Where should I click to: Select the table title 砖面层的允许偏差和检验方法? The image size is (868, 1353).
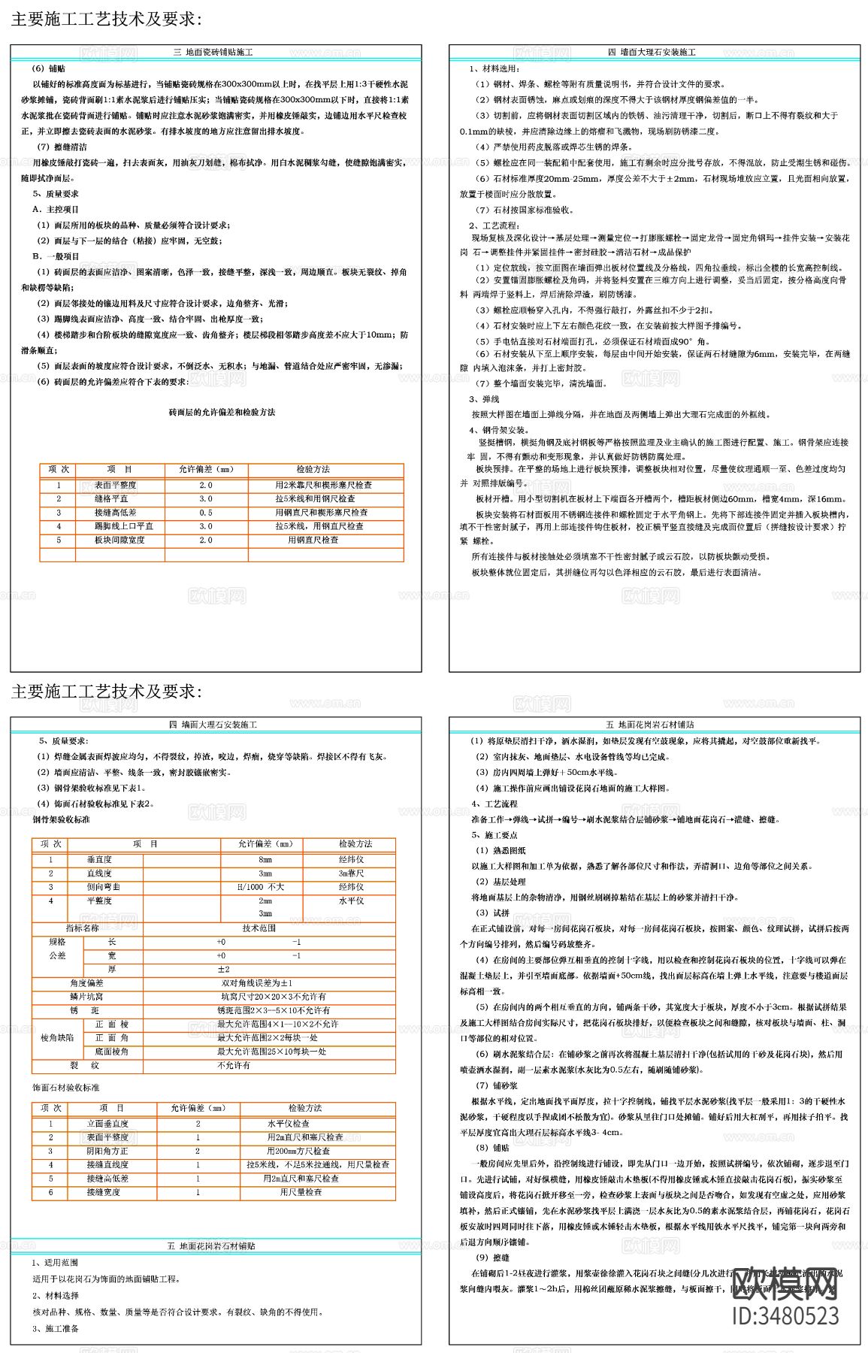pyautogui.click(x=222, y=412)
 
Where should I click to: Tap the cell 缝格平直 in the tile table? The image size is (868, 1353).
pyautogui.click(x=111, y=499)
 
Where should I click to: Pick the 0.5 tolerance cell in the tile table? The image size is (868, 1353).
pyautogui.click(x=206, y=513)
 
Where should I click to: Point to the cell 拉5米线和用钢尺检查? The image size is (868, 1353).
pyautogui.click(x=315, y=499)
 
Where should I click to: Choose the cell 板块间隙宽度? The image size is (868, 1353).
pyautogui.click(x=119, y=540)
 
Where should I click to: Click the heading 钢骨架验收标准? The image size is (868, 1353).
pyautogui.click(x=61, y=819)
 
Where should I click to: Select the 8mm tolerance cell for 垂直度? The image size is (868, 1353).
pyautogui.click(x=265, y=860)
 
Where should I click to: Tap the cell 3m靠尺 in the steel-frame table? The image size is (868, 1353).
pyautogui.click(x=352, y=873)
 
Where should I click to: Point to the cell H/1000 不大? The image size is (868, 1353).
pyautogui.click(x=261, y=887)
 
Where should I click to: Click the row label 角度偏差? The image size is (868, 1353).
pyautogui.click(x=86, y=983)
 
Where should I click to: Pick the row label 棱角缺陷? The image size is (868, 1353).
pyautogui.click(x=57, y=1037)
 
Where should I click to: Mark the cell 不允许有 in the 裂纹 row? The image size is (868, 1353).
pyautogui.click(x=234, y=1066)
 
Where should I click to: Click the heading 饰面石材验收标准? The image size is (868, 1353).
pyautogui.click(x=65, y=1088)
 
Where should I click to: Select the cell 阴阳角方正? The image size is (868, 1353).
pyautogui.click(x=107, y=1151)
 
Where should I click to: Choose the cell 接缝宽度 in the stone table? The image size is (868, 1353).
pyautogui.click(x=103, y=1192)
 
